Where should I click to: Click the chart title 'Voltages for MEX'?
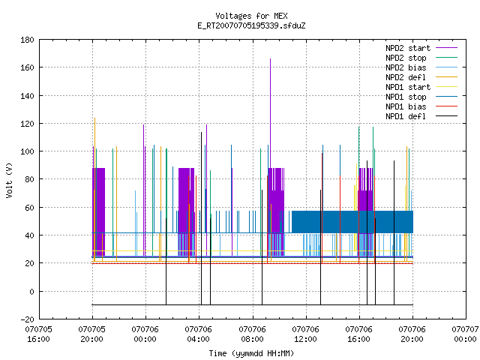(x=251, y=16)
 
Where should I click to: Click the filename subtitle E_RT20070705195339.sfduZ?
(x=251, y=25)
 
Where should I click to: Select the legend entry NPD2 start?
(x=421, y=48)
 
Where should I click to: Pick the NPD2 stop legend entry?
(x=421, y=58)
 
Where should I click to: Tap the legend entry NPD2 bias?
(x=421, y=67)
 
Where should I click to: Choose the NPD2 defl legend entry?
(x=421, y=77)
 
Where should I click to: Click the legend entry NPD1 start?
(x=421, y=87)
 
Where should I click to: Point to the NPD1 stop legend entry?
(x=421, y=97)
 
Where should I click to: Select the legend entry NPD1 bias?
(x=421, y=106)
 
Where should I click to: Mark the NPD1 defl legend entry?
(x=421, y=117)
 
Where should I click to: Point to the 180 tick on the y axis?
(x=27, y=40)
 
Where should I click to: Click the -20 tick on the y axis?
(x=27, y=319)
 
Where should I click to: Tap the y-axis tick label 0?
(x=31, y=292)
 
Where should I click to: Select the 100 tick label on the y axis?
(x=27, y=151)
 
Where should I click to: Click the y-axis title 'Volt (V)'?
(x=9, y=180)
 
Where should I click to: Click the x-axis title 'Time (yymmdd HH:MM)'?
(x=251, y=353)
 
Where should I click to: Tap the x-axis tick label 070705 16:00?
(x=38, y=334)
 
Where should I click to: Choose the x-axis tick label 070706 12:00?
(x=305, y=334)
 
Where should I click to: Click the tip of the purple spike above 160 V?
(x=270, y=58)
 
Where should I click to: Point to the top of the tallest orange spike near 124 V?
(x=95, y=118)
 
